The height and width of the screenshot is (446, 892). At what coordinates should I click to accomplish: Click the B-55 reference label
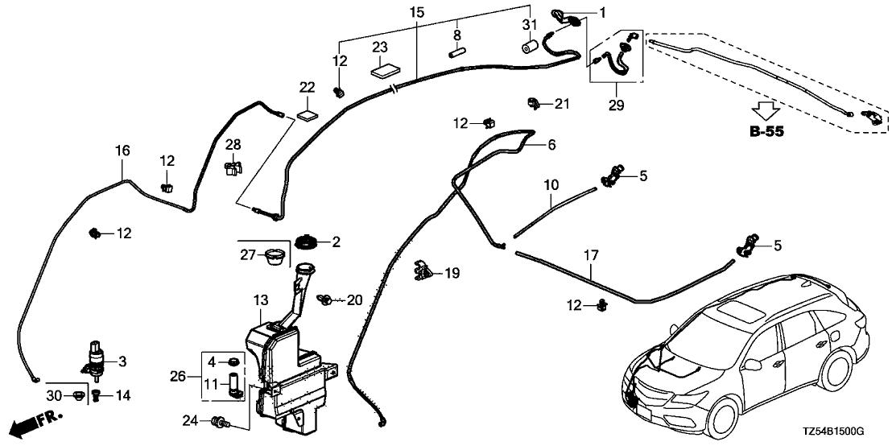point(766,132)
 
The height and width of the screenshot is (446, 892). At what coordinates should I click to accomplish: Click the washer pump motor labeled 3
point(95,359)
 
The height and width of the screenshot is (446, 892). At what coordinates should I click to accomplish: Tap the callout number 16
point(122,150)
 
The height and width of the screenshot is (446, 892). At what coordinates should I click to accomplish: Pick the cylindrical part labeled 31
point(529,47)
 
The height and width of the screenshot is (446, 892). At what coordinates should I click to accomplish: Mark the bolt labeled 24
point(219,421)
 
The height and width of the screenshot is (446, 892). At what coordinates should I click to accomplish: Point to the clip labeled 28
point(232,167)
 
